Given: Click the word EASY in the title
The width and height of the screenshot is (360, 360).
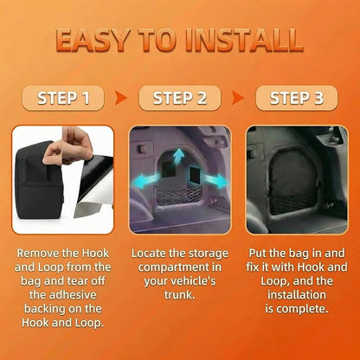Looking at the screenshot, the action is [93, 40].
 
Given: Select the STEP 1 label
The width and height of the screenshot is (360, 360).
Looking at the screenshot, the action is [63, 98].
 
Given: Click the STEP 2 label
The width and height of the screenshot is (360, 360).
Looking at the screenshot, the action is [180, 98].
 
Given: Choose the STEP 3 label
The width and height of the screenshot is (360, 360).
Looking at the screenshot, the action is [297, 98].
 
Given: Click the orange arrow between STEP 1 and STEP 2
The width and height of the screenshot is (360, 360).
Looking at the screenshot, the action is [120, 98].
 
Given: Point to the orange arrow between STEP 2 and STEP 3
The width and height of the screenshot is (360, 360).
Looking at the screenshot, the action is [237, 98].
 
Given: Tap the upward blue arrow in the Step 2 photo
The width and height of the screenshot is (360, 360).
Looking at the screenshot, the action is [179, 157].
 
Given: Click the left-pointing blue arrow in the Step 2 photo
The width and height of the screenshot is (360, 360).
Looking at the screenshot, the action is [145, 182].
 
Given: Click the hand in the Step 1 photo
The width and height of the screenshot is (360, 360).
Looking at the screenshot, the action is [68, 146].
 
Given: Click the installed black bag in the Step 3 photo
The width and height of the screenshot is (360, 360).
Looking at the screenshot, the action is [292, 184].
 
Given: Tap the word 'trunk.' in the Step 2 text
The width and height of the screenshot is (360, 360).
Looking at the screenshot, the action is [180, 295].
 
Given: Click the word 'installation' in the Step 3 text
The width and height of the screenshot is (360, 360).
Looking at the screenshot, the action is [297, 295].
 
